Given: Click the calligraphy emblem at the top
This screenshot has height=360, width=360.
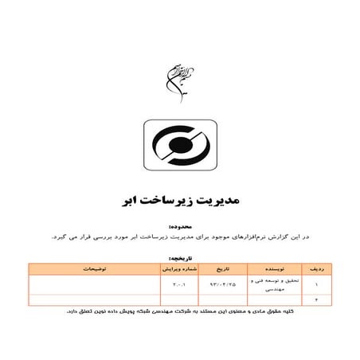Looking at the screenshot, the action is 178,75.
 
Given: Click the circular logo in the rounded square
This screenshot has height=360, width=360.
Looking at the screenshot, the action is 179,148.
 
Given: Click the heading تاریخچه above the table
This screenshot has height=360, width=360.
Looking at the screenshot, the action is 291,260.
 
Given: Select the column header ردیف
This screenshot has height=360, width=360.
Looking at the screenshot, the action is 317,269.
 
